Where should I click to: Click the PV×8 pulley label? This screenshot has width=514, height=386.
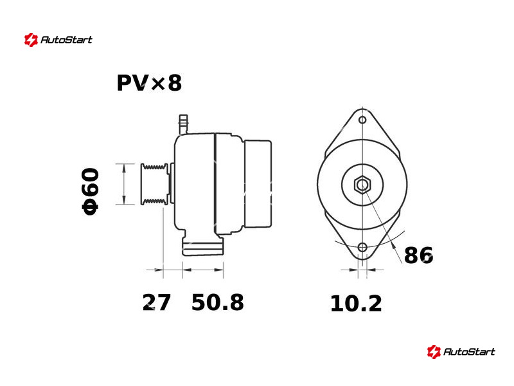[149, 83]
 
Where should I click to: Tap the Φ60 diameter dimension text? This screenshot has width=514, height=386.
[91, 191]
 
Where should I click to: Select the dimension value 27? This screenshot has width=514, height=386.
[157, 302]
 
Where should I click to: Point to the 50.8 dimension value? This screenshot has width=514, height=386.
[218, 302]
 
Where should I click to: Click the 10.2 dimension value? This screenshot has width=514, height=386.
[356, 304]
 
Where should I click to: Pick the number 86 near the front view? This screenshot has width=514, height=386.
[419, 255]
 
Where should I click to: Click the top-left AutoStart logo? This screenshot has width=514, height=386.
[58, 40]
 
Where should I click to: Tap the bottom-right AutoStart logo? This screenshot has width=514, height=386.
[461, 351]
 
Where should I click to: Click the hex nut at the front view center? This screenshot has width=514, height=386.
[362, 185]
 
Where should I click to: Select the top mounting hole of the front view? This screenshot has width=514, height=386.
[362, 120]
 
